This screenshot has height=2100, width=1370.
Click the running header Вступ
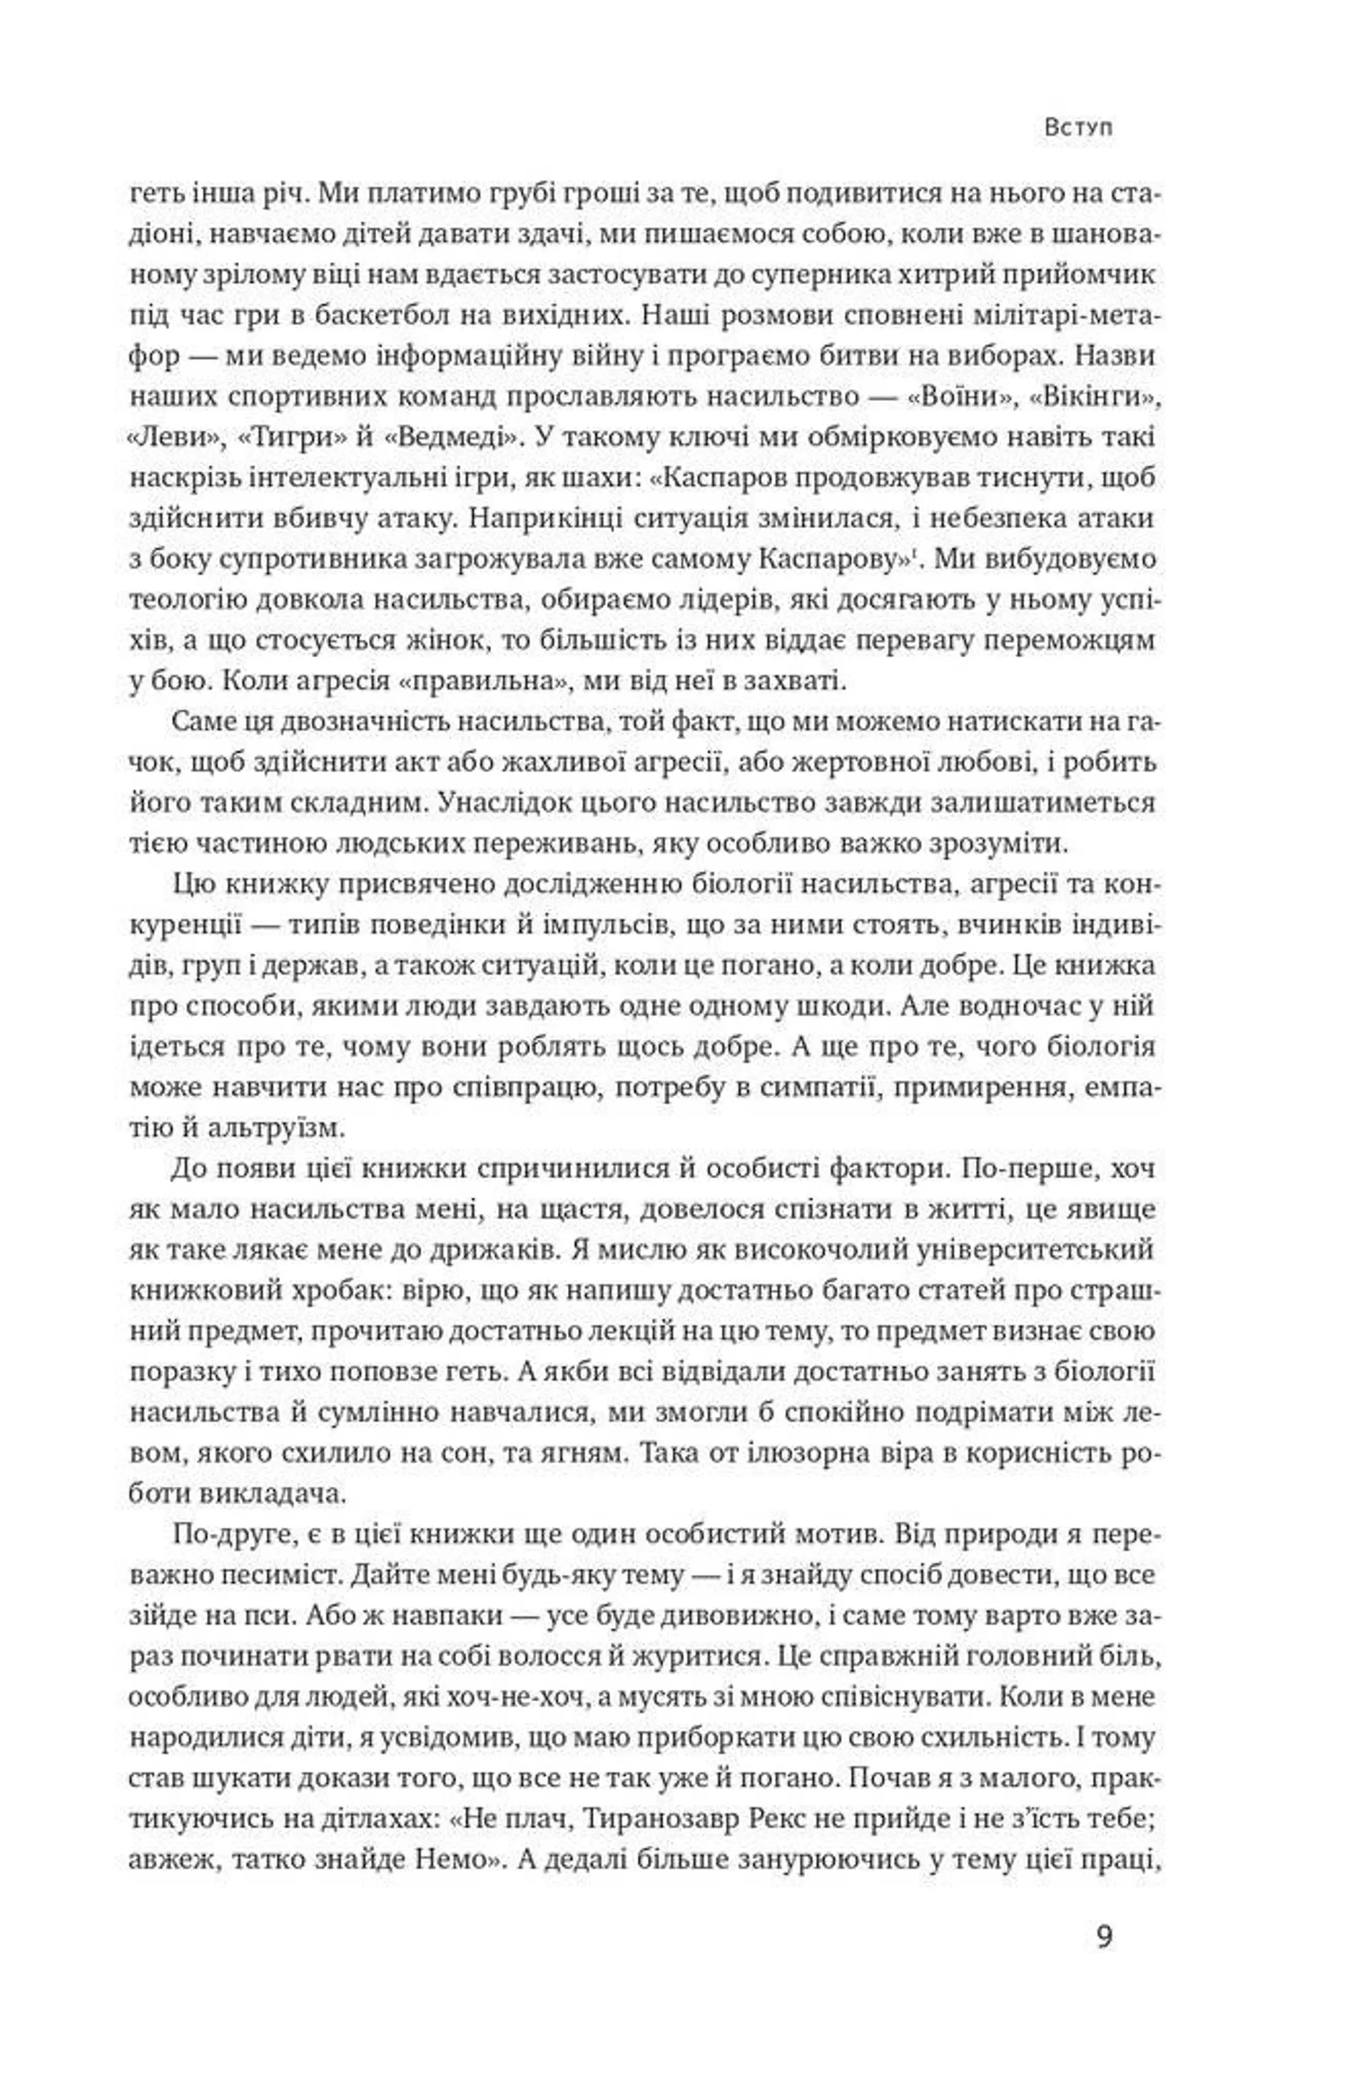pos(1077,127)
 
